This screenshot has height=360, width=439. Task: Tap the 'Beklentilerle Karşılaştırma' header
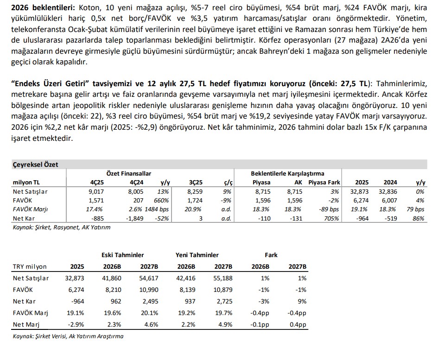[x=287, y=173]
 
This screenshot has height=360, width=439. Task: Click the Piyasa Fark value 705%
[x=332, y=218]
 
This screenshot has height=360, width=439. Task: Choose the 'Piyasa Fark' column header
[x=324, y=182]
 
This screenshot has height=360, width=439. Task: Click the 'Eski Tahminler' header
[x=122, y=255]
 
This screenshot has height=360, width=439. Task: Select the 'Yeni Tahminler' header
[x=197, y=255]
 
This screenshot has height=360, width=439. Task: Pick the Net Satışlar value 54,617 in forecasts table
[x=149, y=278]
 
